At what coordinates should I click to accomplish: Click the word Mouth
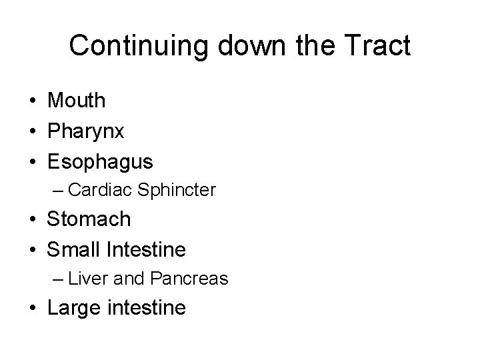tap(77, 101)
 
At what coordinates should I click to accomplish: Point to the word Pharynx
tap(85, 131)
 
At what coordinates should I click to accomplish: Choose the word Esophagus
tap(100, 162)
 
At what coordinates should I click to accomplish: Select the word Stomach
tap(89, 219)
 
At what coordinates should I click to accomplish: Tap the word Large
tap(73, 307)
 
